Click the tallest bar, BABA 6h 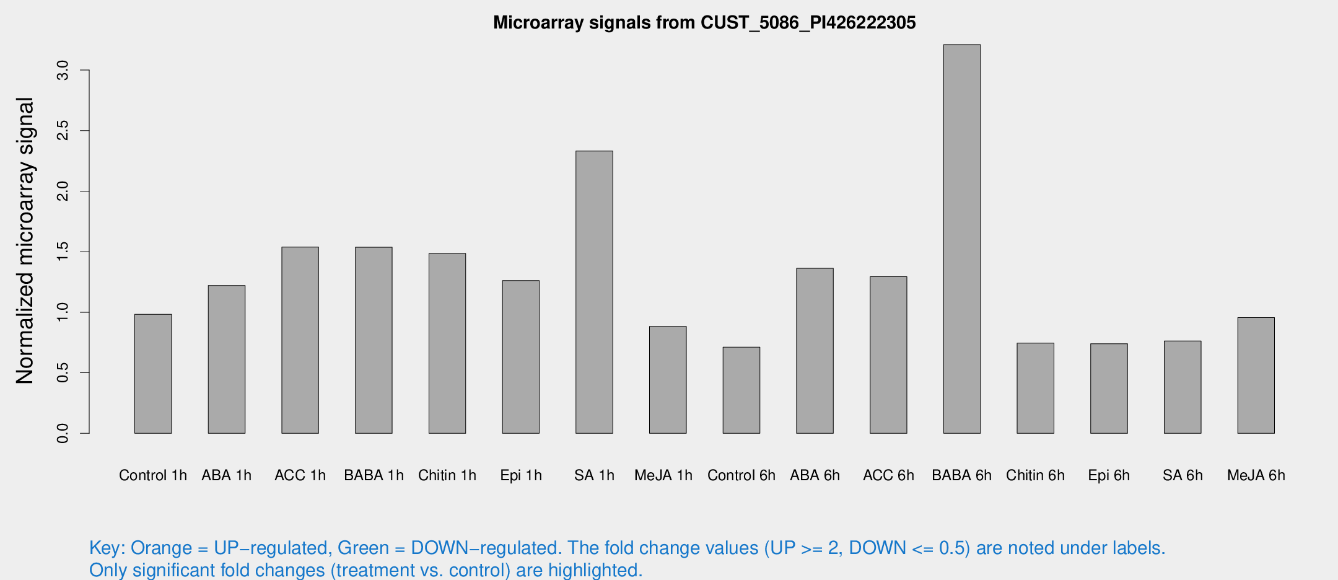[961, 239]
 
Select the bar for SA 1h [594, 292]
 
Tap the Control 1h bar [153, 374]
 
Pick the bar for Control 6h [741, 390]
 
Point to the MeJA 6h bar [1256, 375]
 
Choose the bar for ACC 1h [300, 340]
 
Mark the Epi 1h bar [520, 356]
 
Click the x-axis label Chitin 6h [1035, 475]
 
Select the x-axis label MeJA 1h [663, 475]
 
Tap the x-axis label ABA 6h [815, 475]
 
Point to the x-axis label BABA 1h [374, 475]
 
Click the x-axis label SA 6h [1182, 475]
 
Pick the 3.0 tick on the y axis [63, 71]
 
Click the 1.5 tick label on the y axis [63, 252]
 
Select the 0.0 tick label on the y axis [63, 433]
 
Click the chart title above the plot [704, 23]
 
